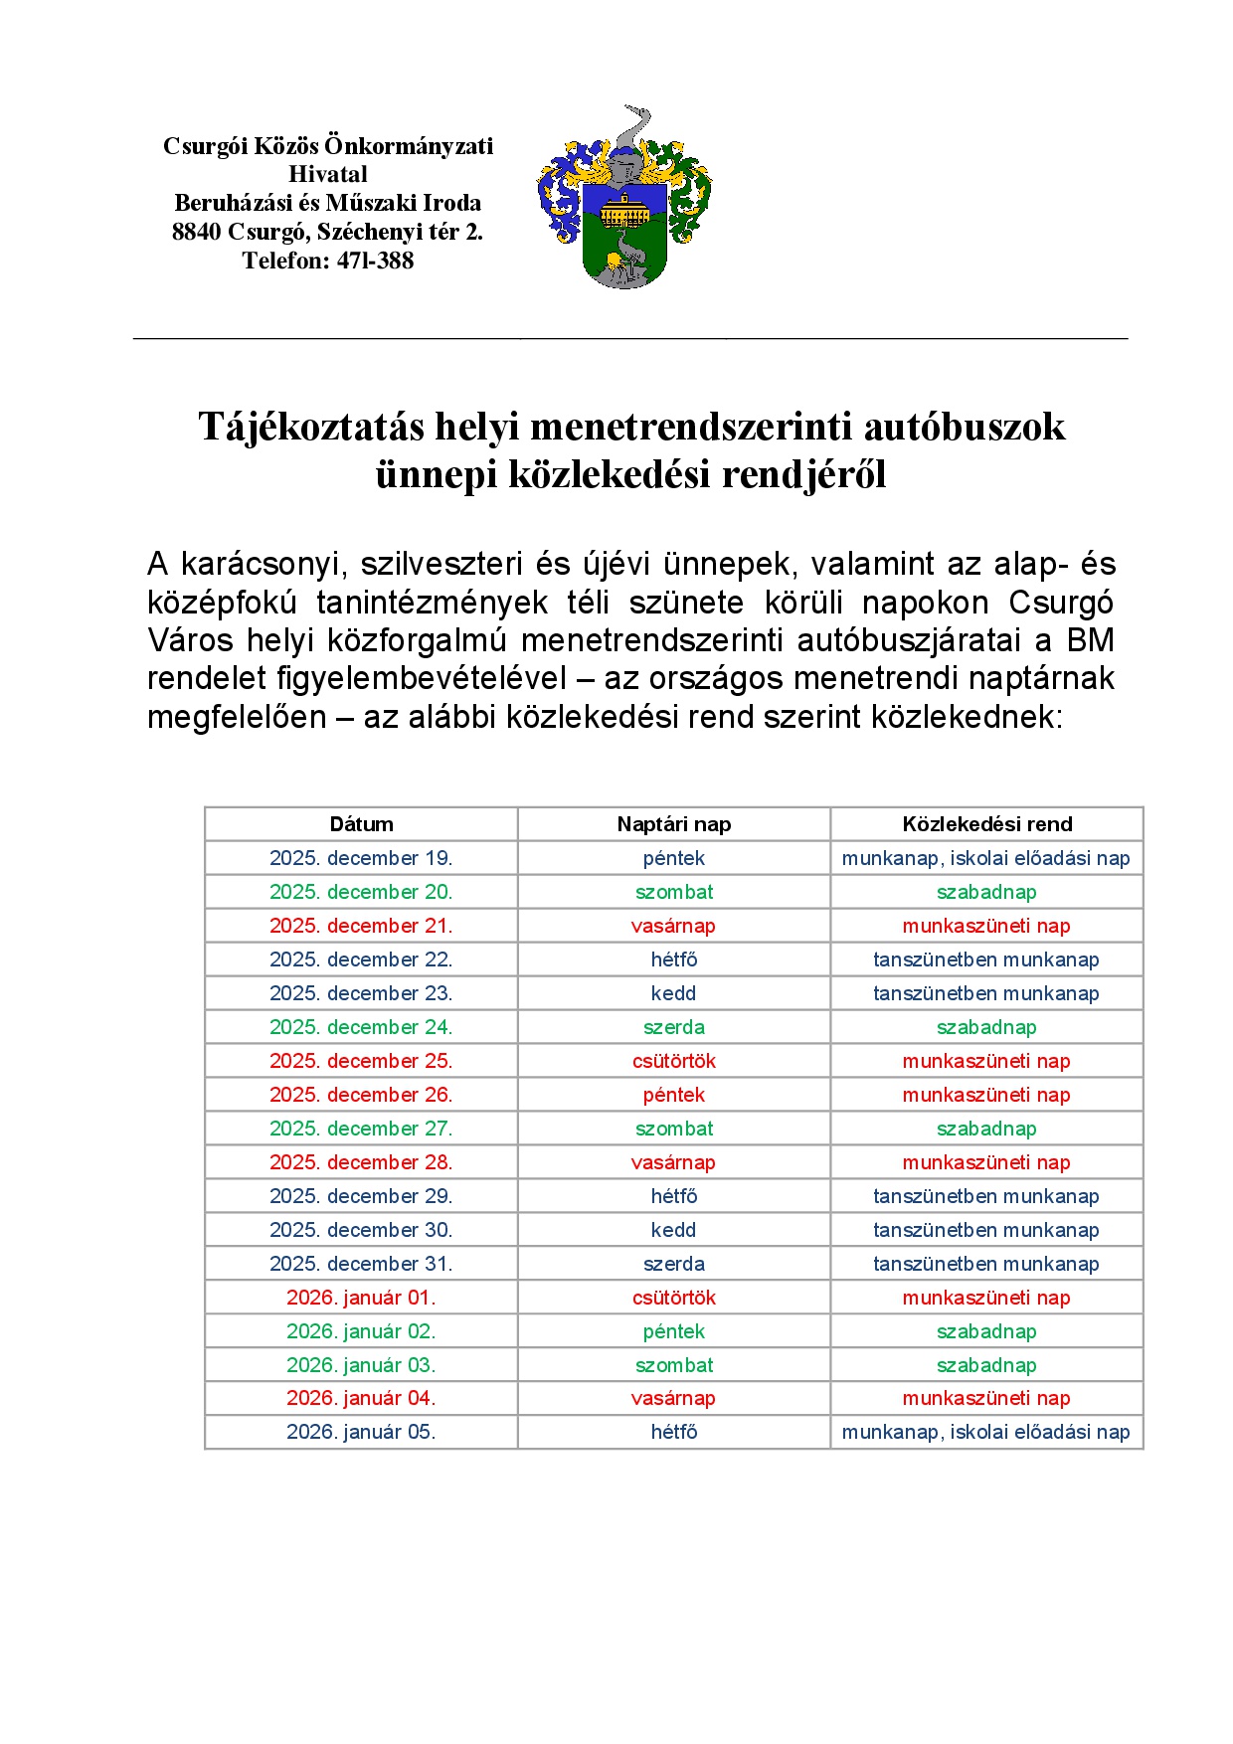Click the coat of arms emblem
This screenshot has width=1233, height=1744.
point(624,199)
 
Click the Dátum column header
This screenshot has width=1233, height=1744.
point(361,824)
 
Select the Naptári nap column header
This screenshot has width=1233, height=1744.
point(673,824)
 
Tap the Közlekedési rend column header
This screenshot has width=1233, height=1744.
point(986,824)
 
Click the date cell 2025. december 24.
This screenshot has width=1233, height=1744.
point(361,1027)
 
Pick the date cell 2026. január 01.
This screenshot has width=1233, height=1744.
point(361,1298)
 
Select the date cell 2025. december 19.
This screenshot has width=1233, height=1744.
point(361,858)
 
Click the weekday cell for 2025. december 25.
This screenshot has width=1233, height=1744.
point(673,1061)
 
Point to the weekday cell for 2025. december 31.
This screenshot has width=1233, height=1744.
point(673,1264)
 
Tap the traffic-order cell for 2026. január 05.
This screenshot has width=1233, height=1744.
point(985,1432)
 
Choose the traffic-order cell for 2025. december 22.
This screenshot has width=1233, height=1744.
point(985,959)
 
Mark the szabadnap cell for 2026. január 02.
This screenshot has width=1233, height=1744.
point(985,1331)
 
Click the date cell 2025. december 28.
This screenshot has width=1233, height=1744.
point(361,1162)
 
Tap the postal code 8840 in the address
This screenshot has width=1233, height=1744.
point(196,232)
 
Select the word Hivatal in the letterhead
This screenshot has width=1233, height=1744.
point(328,174)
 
